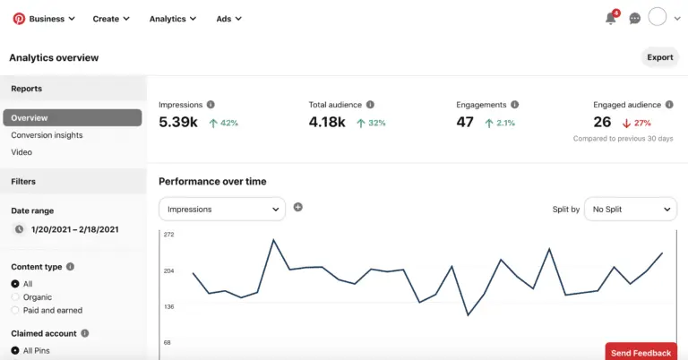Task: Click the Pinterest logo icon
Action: point(18,18)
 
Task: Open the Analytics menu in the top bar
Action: point(173,19)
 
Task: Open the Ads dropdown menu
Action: point(228,19)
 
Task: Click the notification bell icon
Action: point(611,18)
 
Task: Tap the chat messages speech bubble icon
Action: point(635,18)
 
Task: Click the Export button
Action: point(659,57)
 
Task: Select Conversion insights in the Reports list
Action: point(47,135)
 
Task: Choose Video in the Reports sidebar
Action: point(21,152)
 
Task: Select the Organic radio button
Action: point(15,297)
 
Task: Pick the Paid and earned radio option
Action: point(15,311)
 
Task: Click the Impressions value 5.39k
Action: point(177,123)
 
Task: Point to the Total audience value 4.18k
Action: point(327,123)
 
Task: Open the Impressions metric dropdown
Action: point(222,209)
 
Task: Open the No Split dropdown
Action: point(631,209)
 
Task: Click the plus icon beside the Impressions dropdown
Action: point(298,207)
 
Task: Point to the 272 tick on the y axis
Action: point(168,235)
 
